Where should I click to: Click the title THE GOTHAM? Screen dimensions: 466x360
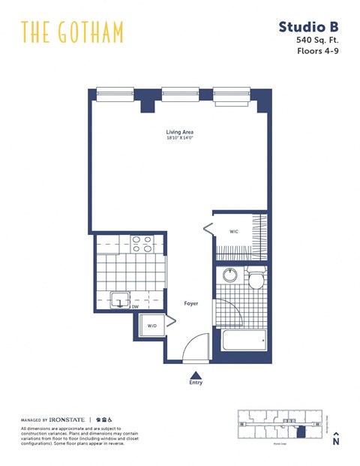tap(72, 32)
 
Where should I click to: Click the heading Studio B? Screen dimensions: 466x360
tap(309, 27)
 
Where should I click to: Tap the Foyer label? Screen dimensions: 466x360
tap(190, 303)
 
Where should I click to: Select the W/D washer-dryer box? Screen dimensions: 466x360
tap(152, 326)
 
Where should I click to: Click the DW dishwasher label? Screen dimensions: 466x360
tap(135, 306)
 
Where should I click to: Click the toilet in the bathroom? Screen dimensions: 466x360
tap(256, 279)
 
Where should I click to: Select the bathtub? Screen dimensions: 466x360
tap(244, 340)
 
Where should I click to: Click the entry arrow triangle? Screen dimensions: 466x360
tap(196, 374)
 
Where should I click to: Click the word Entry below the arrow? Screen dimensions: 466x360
tap(196, 383)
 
